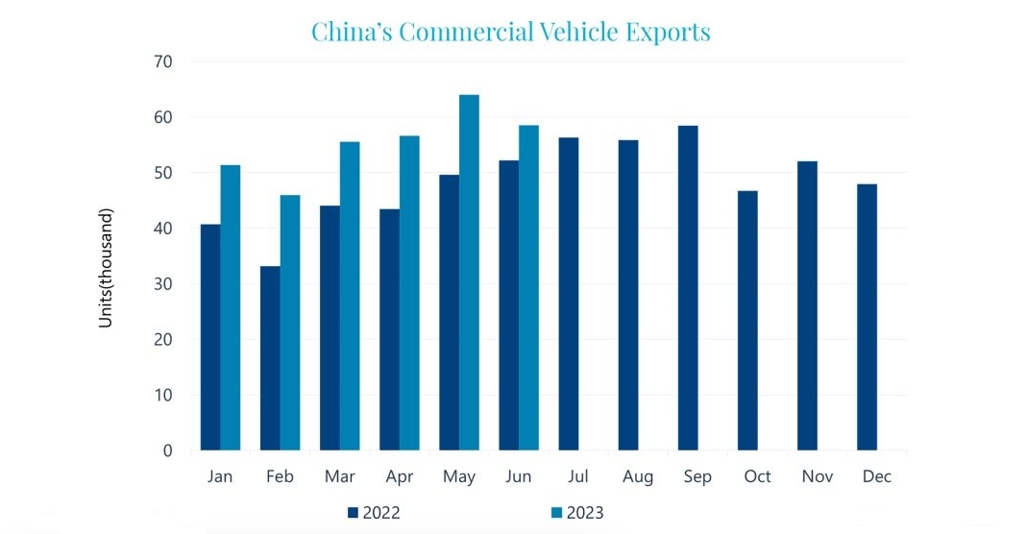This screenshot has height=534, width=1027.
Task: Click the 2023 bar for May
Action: (469, 272)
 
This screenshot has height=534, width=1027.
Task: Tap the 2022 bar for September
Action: (688, 287)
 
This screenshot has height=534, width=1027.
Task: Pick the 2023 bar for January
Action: (231, 307)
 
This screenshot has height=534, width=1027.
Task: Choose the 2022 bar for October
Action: (747, 321)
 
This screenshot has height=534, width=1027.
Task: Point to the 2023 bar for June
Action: (528, 287)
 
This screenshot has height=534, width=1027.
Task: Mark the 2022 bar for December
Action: (867, 317)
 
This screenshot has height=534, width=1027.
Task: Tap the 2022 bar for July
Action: (569, 294)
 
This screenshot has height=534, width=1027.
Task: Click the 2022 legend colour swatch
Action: (353, 513)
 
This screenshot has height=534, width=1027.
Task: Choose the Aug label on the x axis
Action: (638, 477)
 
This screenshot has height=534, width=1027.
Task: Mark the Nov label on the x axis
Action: (817, 477)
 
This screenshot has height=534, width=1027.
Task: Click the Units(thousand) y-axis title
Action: (107, 267)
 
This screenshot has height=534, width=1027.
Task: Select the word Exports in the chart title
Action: (663, 32)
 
